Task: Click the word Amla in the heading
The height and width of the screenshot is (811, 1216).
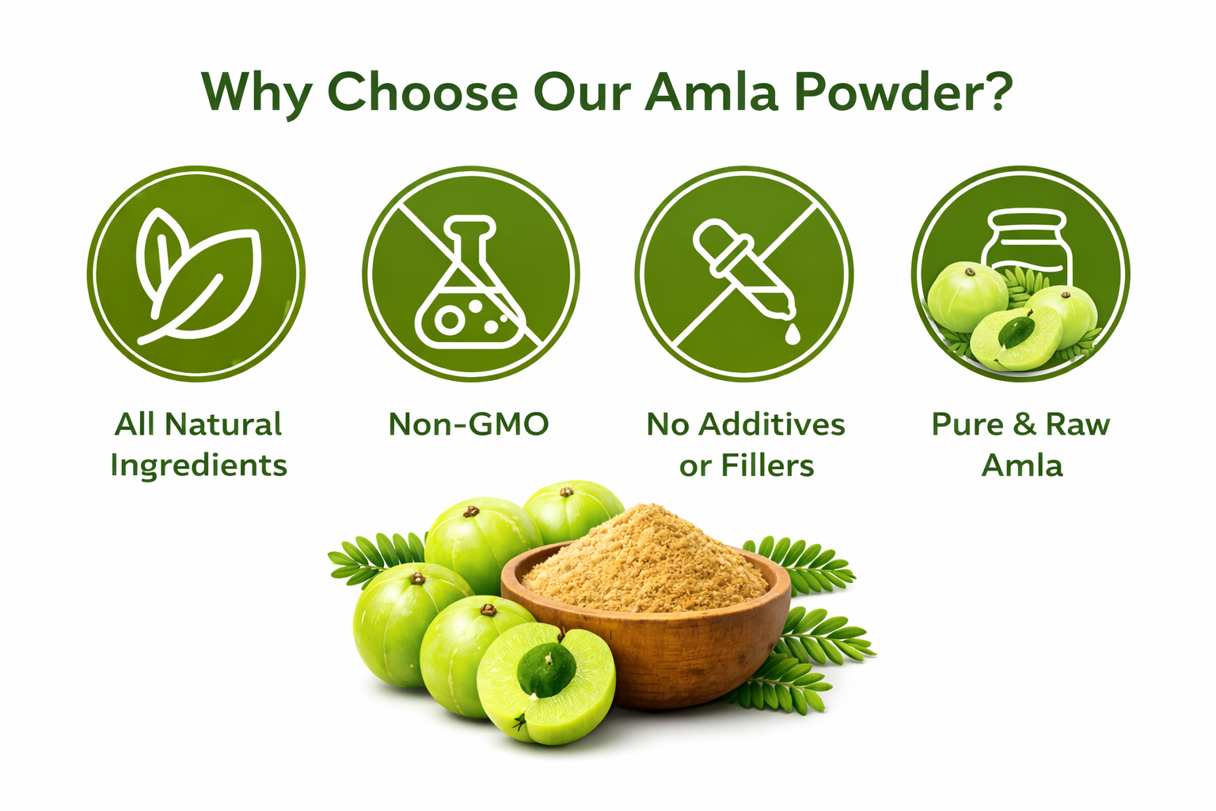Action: (x=712, y=92)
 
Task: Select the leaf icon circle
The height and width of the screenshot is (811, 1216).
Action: (x=196, y=274)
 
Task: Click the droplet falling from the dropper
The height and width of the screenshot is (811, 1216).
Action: (x=792, y=333)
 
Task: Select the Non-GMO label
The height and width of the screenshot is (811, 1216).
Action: (x=469, y=425)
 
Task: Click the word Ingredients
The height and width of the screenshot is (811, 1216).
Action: (x=199, y=466)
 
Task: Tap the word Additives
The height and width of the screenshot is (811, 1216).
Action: (x=772, y=425)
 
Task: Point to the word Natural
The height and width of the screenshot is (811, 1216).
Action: (x=223, y=425)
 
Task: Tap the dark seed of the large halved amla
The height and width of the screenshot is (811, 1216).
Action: (x=546, y=670)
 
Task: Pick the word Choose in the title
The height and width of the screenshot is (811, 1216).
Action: (x=423, y=92)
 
